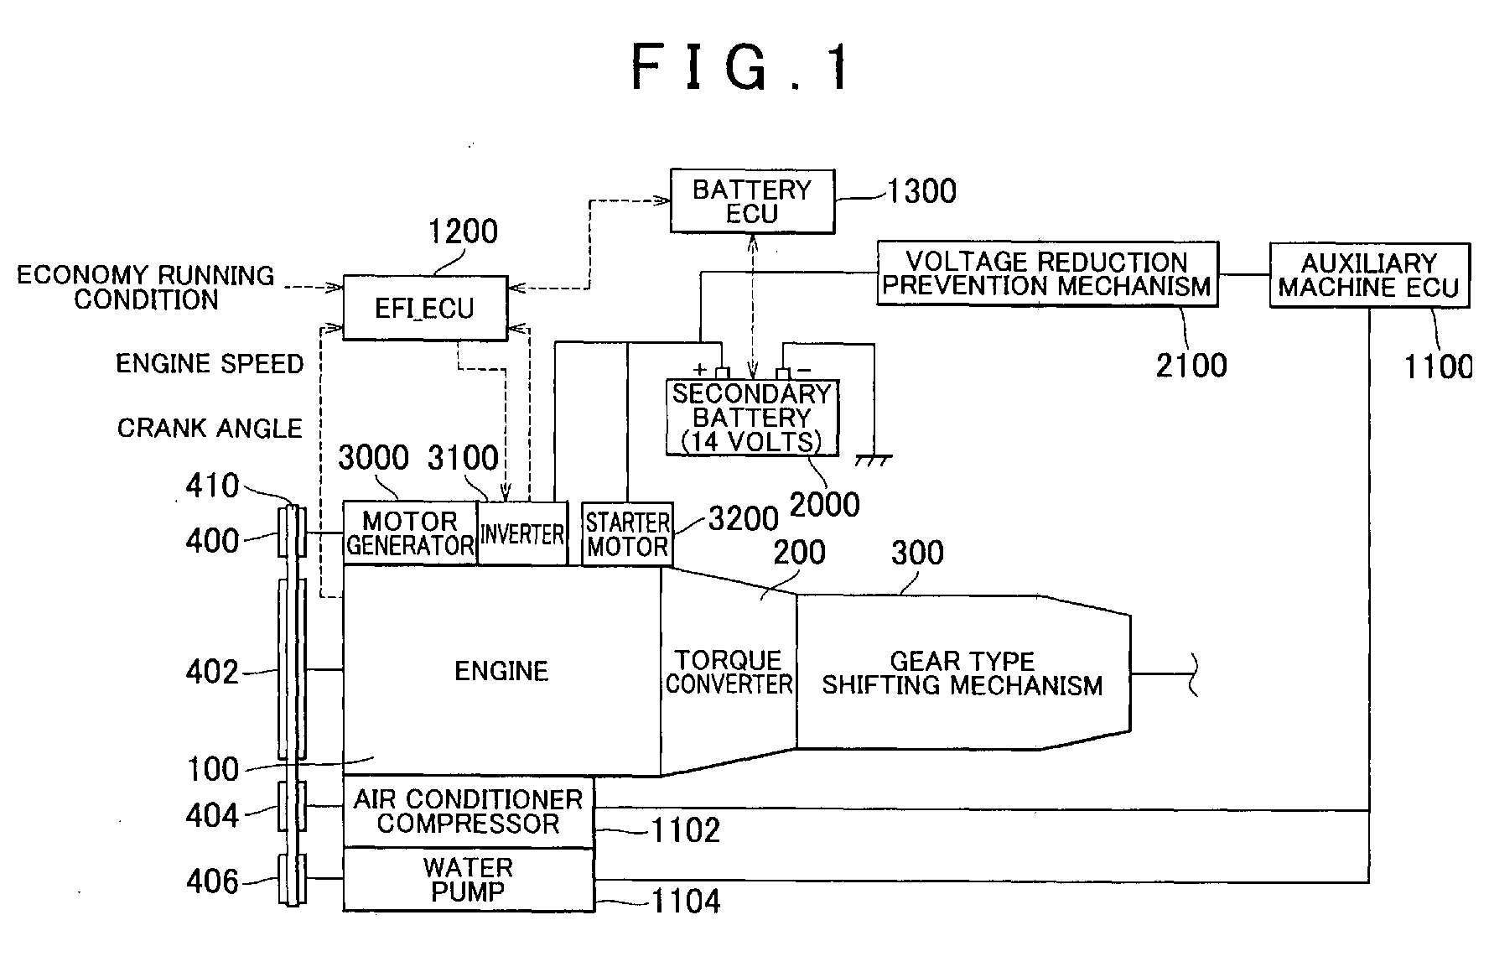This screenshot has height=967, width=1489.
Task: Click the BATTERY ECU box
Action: tap(752, 201)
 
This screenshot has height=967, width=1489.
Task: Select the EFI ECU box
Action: tap(425, 308)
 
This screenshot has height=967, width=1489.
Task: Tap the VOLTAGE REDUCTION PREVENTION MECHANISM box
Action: tap(1047, 274)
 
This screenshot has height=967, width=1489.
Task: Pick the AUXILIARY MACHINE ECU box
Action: tap(1370, 275)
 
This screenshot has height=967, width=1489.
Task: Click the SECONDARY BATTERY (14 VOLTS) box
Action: tap(752, 418)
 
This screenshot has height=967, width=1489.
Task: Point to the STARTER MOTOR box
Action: tap(627, 534)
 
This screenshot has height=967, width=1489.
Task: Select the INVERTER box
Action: tap(522, 533)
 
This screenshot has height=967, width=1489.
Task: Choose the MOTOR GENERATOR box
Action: tap(410, 533)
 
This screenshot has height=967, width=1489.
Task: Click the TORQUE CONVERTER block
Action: tap(729, 672)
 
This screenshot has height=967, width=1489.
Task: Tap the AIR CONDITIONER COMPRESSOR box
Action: tap(469, 812)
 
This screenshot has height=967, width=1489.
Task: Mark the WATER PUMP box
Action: tap(469, 880)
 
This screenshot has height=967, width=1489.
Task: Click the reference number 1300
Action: tap(921, 192)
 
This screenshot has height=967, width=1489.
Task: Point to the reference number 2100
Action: tap(1191, 366)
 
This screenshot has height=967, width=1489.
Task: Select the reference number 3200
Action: tap(744, 519)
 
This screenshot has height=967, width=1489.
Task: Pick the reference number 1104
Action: tap(686, 902)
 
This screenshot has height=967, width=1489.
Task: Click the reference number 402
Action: tap(212, 672)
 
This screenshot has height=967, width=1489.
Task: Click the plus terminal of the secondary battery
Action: tap(722, 372)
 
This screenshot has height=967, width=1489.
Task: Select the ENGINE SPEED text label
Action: tap(210, 364)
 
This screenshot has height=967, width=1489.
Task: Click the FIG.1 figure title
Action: tap(741, 67)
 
